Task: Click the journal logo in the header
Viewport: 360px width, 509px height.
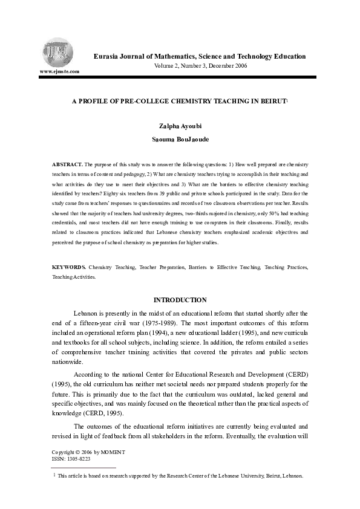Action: coord(58,49)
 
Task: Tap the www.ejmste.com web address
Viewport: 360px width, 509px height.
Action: coord(59,71)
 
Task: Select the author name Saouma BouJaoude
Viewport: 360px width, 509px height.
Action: coord(180,140)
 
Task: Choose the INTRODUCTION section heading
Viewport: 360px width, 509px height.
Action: coord(180,300)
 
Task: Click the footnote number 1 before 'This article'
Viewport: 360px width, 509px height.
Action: coord(54,476)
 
